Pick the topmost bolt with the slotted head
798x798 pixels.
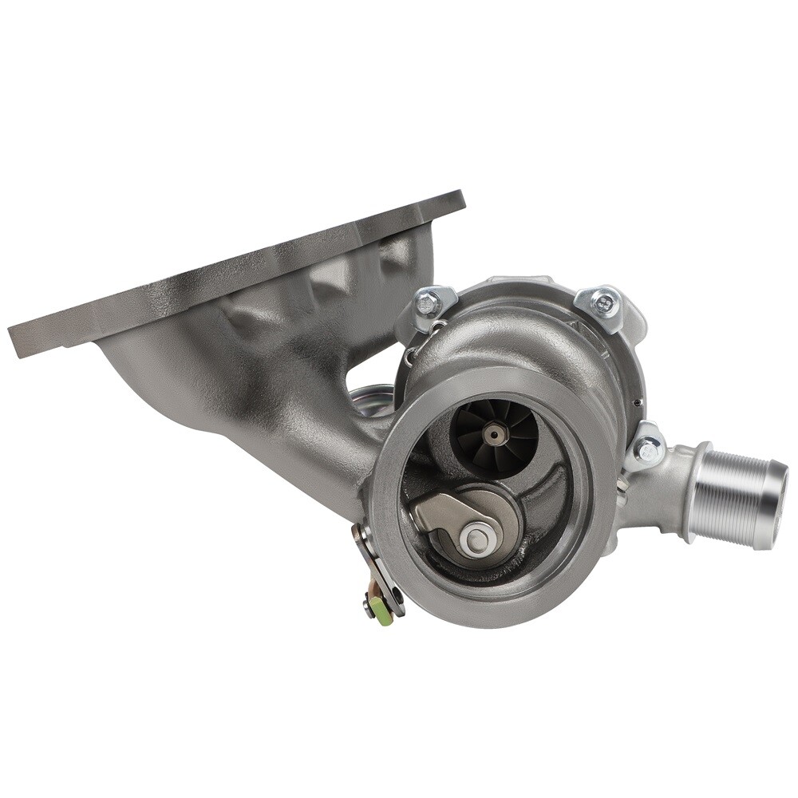click(x=606, y=302)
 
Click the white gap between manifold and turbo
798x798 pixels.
click(x=375, y=371)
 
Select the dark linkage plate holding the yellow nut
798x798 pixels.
click(x=368, y=559)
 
